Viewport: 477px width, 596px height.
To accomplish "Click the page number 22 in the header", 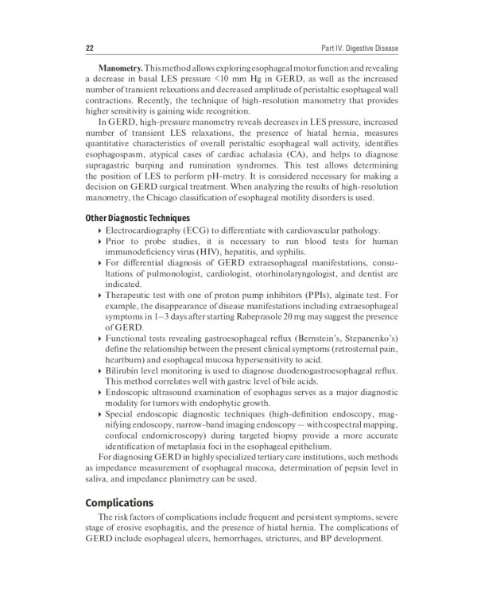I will [x=90, y=48].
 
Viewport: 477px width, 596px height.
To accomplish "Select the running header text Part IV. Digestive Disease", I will [x=355, y=48].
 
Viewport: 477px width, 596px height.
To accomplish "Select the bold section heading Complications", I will [x=118, y=504].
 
